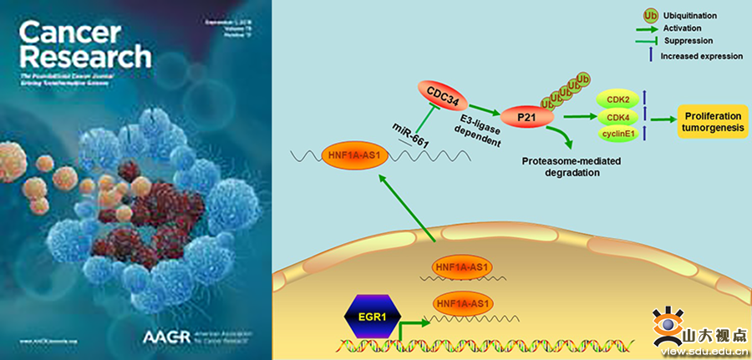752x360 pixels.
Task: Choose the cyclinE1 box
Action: coord(618,134)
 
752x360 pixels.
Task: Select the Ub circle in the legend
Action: coord(649,14)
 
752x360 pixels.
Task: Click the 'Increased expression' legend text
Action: coord(701,56)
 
